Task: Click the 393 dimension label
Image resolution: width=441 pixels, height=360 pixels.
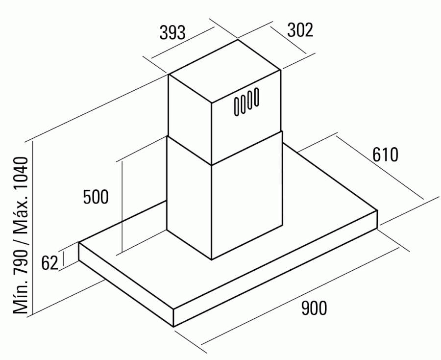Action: [172, 32]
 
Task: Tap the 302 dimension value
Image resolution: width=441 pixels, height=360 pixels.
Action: [300, 30]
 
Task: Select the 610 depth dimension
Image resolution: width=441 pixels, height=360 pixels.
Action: [385, 154]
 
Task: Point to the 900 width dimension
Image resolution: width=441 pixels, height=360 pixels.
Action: [314, 308]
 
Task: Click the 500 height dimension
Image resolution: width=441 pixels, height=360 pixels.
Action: [96, 197]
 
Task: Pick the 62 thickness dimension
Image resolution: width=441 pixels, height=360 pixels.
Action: [50, 263]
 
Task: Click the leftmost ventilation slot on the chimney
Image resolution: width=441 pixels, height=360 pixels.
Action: [237, 106]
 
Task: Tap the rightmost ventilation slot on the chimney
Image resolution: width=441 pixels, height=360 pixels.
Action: [256, 97]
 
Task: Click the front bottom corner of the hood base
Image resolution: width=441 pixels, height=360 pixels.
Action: [173, 327]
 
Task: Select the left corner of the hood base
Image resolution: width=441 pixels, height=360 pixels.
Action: [79, 243]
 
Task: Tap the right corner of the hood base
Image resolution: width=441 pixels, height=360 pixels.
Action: [377, 210]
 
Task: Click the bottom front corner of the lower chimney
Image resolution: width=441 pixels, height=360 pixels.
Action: [212, 259]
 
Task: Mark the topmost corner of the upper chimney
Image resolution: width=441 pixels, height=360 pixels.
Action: [238, 40]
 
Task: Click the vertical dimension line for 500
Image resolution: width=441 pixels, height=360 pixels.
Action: [122, 207]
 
